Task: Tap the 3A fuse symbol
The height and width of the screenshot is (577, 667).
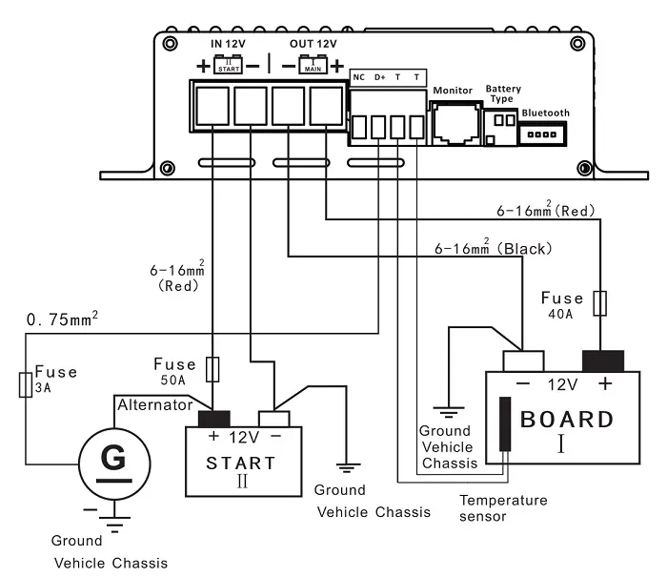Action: pyautogui.click(x=24, y=385)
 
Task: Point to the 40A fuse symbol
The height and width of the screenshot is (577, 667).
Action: pyautogui.click(x=598, y=304)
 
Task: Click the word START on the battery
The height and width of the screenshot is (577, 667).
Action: pyautogui.click(x=241, y=464)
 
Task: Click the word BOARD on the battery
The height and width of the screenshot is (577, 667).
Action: pyautogui.click(x=566, y=420)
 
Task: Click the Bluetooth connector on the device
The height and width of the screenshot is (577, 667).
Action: pyautogui.click(x=545, y=134)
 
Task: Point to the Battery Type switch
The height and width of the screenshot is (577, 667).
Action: pyautogui.click(x=497, y=125)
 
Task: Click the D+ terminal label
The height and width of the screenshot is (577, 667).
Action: pyautogui.click(x=379, y=77)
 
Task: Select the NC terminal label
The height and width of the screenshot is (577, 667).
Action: pyautogui.click(x=359, y=77)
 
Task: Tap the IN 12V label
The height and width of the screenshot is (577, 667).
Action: pyautogui.click(x=228, y=45)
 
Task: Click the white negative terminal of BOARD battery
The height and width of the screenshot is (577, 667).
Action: pyautogui.click(x=523, y=361)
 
